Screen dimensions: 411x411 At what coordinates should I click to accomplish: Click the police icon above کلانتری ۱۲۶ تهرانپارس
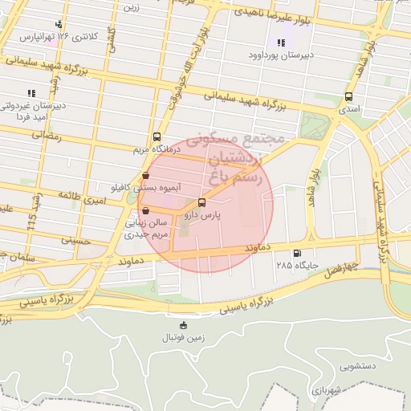click(x=58, y=25)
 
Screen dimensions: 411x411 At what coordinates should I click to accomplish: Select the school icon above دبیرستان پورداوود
click(x=280, y=43)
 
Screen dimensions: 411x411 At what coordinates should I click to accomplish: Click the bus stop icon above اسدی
click(x=348, y=96)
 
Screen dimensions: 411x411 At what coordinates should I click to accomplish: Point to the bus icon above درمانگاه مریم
click(x=156, y=136)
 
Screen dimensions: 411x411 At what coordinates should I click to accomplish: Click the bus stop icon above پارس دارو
click(x=201, y=203)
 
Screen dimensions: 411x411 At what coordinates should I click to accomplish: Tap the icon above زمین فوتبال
click(x=184, y=325)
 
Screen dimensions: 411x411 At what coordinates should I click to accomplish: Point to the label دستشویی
click(x=357, y=367)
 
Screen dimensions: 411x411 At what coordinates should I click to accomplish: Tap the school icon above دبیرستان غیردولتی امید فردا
click(x=31, y=93)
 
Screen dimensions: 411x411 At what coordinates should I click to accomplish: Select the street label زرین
click(x=131, y=6)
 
